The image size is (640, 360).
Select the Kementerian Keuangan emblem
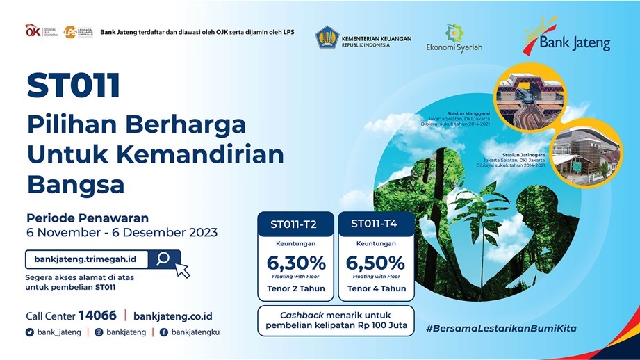327,37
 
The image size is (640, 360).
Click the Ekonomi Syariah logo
454,38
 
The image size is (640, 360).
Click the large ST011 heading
73,86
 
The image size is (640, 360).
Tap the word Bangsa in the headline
76,184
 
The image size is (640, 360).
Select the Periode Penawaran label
88,218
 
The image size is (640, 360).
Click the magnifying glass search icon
163,259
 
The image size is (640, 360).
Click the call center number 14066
97,315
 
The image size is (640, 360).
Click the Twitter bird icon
29,332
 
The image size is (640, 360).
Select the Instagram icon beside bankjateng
99,332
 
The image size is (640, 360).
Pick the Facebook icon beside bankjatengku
164,332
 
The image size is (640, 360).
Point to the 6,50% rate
375,263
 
